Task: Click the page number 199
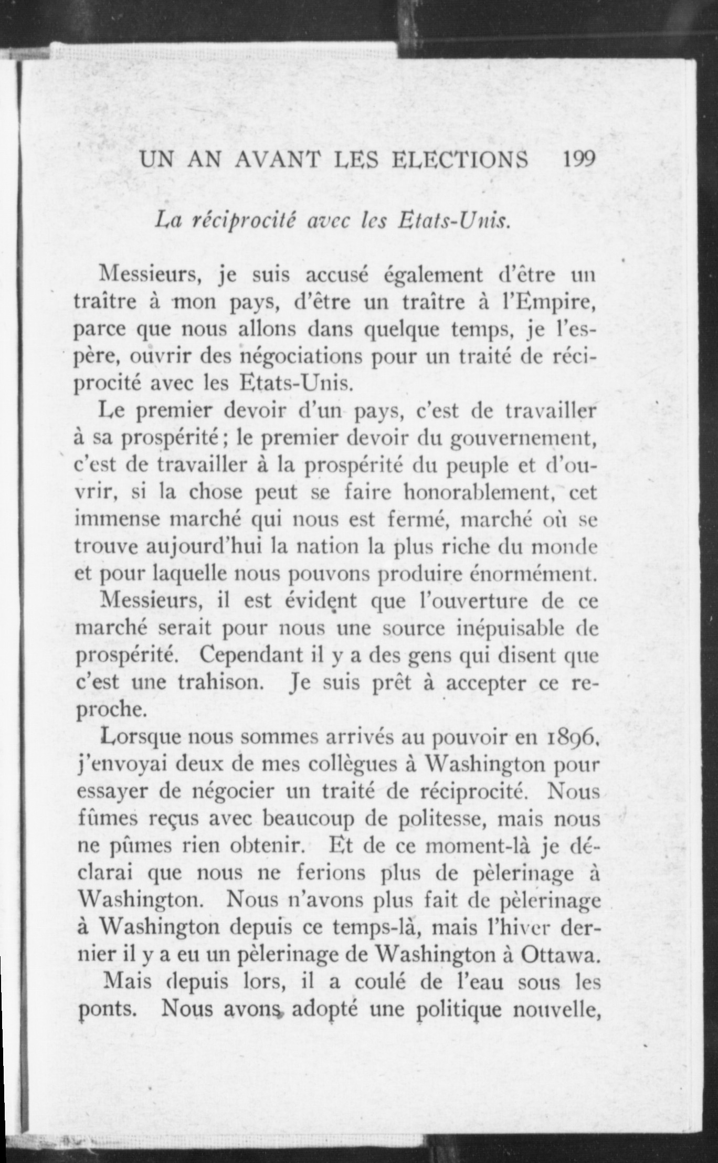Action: [579, 158]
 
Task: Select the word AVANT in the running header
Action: [277, 159]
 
